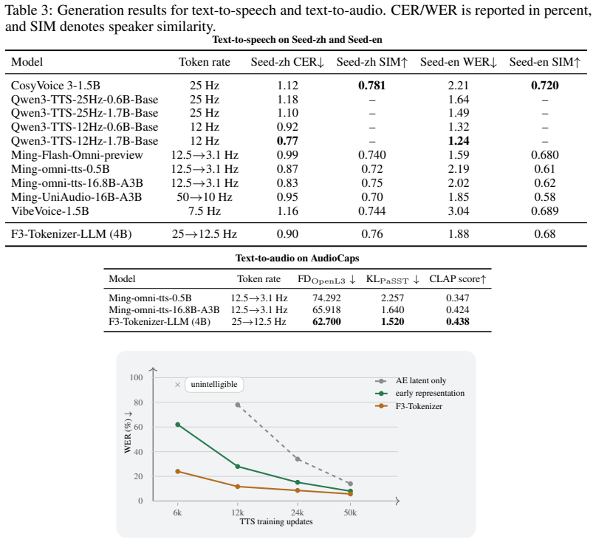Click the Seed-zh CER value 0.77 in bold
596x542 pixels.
tap(287, 141)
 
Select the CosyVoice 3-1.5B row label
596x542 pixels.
tap(55, 86)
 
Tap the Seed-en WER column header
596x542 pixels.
tap(459, 62)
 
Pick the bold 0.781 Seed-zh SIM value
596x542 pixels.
tap(371, 86)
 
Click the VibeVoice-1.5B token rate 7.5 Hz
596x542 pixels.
tap(205, 211)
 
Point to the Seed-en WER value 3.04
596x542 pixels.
tap(459, 211)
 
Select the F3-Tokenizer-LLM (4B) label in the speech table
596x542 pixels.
tap(72, 234)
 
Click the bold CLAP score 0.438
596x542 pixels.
tap(458, 321)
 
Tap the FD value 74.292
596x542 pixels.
tap(326, 298)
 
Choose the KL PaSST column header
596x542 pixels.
tap(393, 279)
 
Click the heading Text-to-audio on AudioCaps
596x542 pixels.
tap(297, 258)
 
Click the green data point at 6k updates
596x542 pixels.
tap(177, 425)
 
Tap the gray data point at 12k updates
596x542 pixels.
tap(238, 405)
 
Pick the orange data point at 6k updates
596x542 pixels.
tap(177, 471)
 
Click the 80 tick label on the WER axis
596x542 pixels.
tap(138, 402)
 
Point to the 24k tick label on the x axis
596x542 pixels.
tap(297, 512)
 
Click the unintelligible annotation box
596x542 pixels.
tap(214, 385)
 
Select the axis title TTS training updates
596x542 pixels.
tap(276, 521)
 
